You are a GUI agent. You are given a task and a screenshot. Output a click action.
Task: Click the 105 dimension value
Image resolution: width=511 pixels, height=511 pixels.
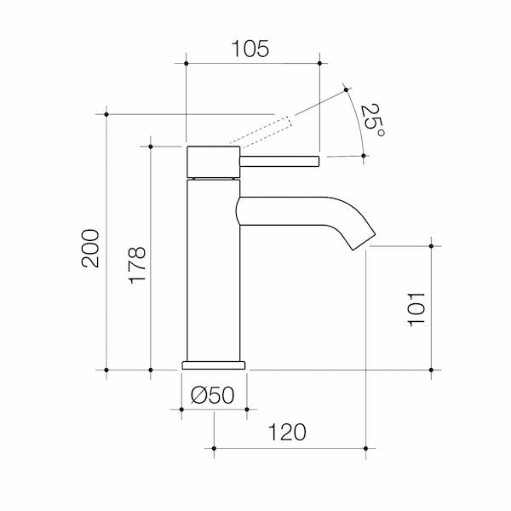(x=251, y=49)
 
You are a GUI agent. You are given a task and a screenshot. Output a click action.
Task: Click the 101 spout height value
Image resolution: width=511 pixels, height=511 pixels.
(x=416, y=308)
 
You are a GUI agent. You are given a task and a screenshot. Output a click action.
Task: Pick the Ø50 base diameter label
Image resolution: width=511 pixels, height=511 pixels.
(x=213, y=394)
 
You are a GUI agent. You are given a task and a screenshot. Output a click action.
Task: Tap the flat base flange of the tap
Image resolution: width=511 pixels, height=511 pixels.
(x=213, y=365)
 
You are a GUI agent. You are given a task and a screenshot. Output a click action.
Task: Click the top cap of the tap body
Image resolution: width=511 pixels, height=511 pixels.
(x=211, y=161)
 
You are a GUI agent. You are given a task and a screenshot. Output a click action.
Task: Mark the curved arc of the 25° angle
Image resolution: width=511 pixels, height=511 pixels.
(x=357, y=119)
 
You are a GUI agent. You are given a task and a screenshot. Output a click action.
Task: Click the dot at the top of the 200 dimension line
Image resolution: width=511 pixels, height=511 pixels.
(x=106, y=112)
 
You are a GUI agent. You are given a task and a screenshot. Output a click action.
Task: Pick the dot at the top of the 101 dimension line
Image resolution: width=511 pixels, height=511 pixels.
(x=433, y=246)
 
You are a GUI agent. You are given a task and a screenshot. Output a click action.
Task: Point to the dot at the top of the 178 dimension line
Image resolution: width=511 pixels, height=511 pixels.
(x=151, y=146)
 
